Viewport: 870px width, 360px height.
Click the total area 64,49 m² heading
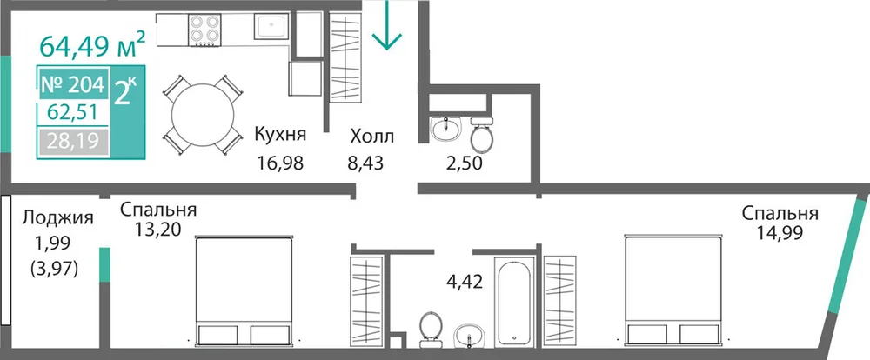pos(93,44)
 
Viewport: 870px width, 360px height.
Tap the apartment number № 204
pos(73,85)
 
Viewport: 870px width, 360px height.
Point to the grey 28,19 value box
pos(73,142)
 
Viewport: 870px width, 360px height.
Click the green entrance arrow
pos(387,25)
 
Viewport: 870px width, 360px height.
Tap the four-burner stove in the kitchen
pos(204,30)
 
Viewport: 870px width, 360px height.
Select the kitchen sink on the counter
pos(271,27)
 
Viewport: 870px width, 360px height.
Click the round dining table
pos(203,116)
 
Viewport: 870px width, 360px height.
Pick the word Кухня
pos(280,134)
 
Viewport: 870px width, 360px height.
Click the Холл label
pos(371,136)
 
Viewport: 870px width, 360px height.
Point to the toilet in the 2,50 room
pos(481,134)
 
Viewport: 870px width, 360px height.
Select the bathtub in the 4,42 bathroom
pos(514,302)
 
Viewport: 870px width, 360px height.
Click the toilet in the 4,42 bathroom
pos(430,329)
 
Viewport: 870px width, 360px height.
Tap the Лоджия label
pos(57,218)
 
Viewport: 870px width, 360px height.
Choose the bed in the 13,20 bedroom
pos(244,291)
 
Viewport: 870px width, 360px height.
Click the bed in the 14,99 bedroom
pos(674,291)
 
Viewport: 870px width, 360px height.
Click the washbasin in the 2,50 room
pos(445,129)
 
